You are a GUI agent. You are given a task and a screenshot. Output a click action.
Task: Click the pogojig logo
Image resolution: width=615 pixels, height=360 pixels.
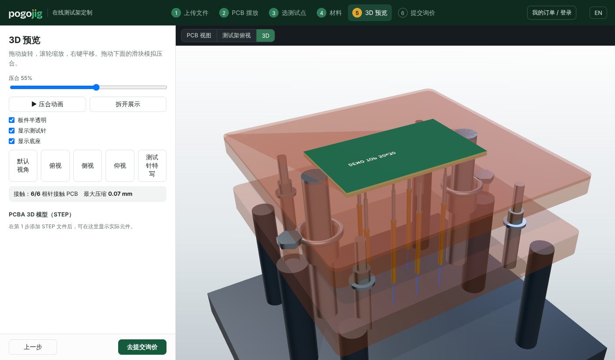pyautogui.click(x=25, y=13)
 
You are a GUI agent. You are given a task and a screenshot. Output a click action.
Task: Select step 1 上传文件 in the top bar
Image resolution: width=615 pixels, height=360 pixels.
pyautogui.click(x=190, y=13)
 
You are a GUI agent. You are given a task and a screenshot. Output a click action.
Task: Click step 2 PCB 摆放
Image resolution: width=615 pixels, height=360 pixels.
pyautogui.click(x=239, y=13)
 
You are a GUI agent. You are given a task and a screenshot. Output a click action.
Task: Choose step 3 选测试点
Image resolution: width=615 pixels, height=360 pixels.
pyautogui.click(x=287, y=13)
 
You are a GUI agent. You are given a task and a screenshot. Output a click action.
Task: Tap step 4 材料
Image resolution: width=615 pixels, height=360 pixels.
pyautogui.click(x=329, y=13)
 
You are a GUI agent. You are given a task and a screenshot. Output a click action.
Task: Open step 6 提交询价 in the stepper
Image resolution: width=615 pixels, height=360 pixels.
pyautogui.click(x=416, y=13)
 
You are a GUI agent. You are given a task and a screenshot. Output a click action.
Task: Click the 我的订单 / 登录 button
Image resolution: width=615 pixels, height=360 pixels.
pyautogui.click(x=552, y=13)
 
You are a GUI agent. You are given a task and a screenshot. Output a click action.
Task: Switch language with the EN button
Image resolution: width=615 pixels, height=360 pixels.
pyautogui.click(x=598, y=13)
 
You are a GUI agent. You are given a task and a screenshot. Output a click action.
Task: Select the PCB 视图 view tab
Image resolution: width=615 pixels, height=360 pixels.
pyautogui.click(x=199, y=36)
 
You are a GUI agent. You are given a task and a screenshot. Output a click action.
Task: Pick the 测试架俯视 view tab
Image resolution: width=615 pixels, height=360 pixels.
pyautogui.click(x=236, y=36)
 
